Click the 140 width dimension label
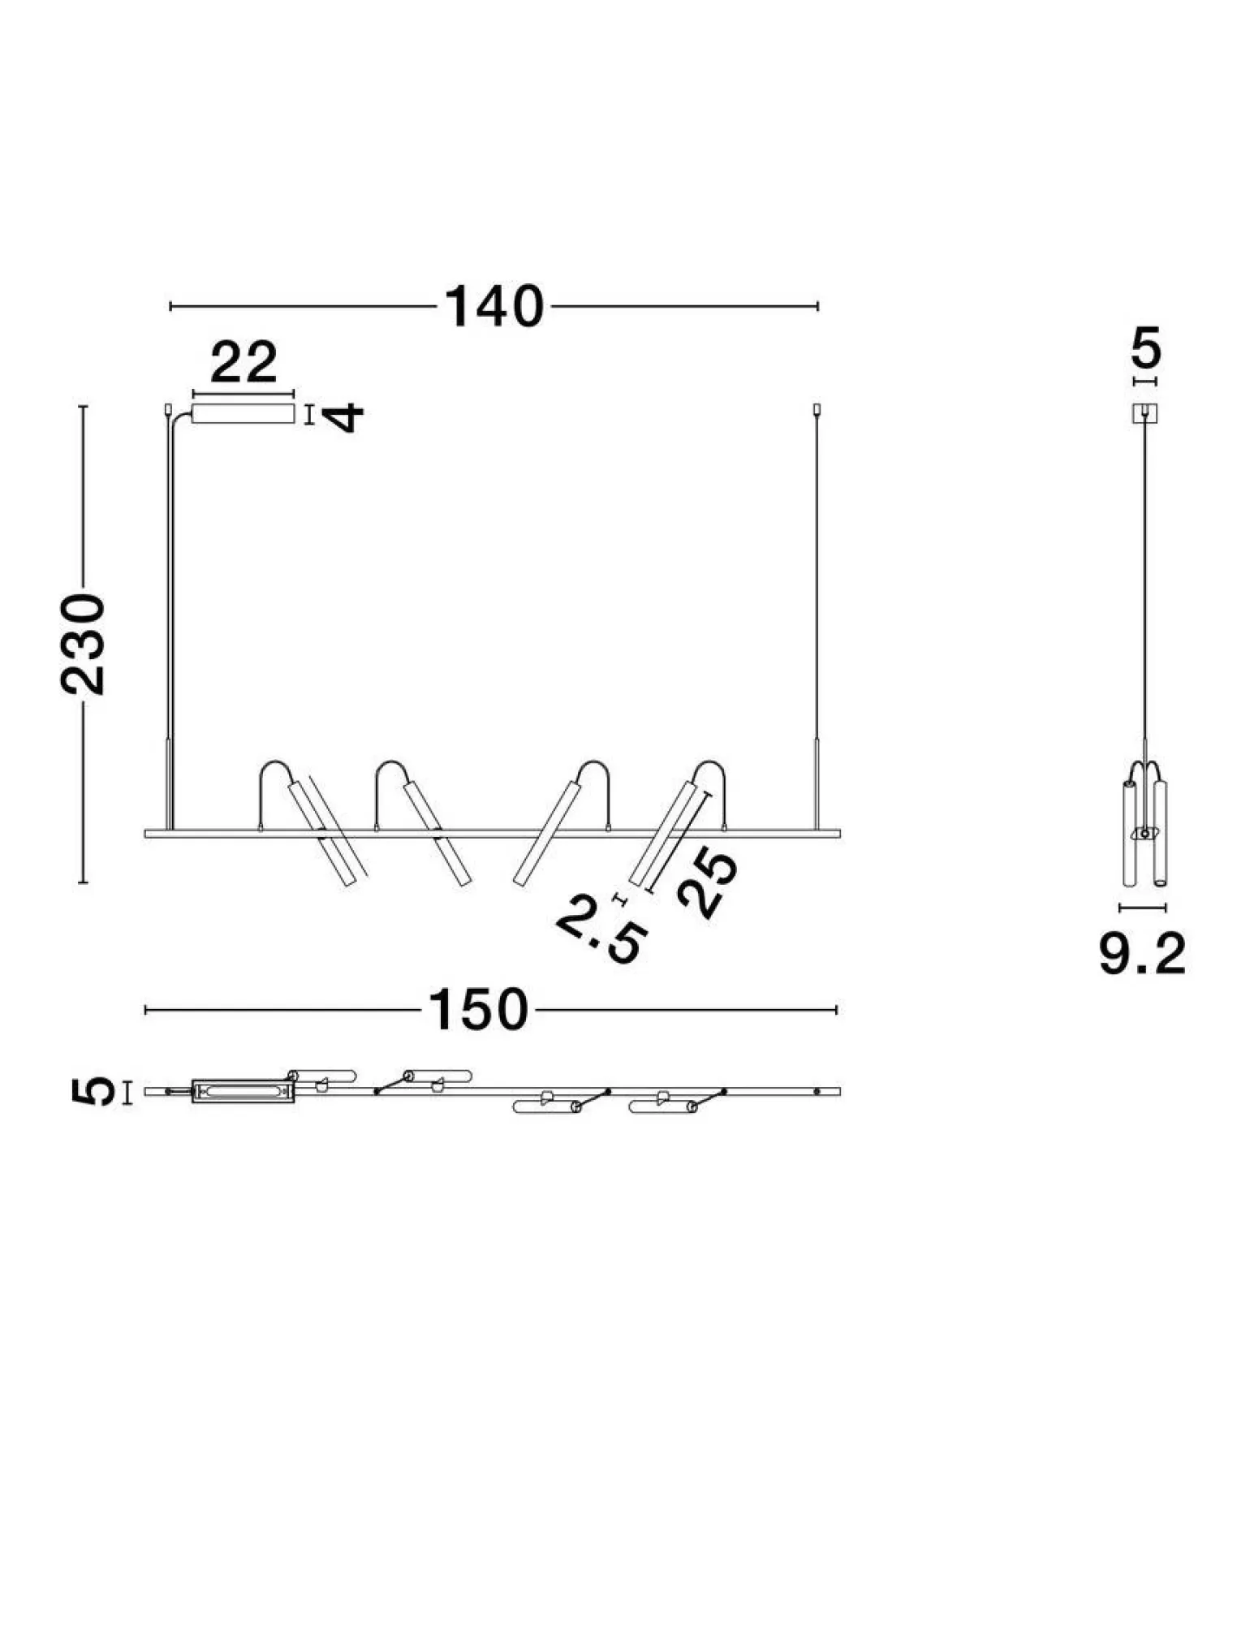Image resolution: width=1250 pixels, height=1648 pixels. [494, 307]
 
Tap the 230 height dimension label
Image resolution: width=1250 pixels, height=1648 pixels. [84, 644]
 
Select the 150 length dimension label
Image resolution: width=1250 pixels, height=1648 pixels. [478, 1010]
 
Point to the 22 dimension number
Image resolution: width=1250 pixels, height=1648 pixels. [244, 363]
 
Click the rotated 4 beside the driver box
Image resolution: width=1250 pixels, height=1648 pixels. [344, 416]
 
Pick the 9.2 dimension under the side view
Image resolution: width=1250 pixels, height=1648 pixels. [1142, 954]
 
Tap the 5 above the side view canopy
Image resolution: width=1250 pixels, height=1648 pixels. [1146, 348]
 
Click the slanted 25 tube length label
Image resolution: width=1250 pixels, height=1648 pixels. [707, 883]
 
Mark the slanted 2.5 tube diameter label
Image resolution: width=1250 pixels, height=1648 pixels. [602, 932]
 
